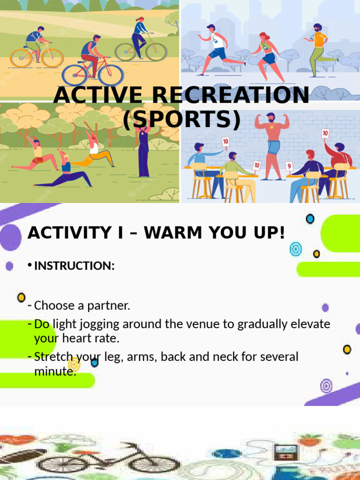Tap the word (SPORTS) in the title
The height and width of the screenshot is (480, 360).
182,120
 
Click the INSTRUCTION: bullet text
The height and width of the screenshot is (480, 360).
75,266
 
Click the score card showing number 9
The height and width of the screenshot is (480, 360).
289,165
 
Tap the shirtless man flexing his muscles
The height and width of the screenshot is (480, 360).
272,141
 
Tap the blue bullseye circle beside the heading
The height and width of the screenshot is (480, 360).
295,248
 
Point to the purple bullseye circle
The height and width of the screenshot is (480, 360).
326,386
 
